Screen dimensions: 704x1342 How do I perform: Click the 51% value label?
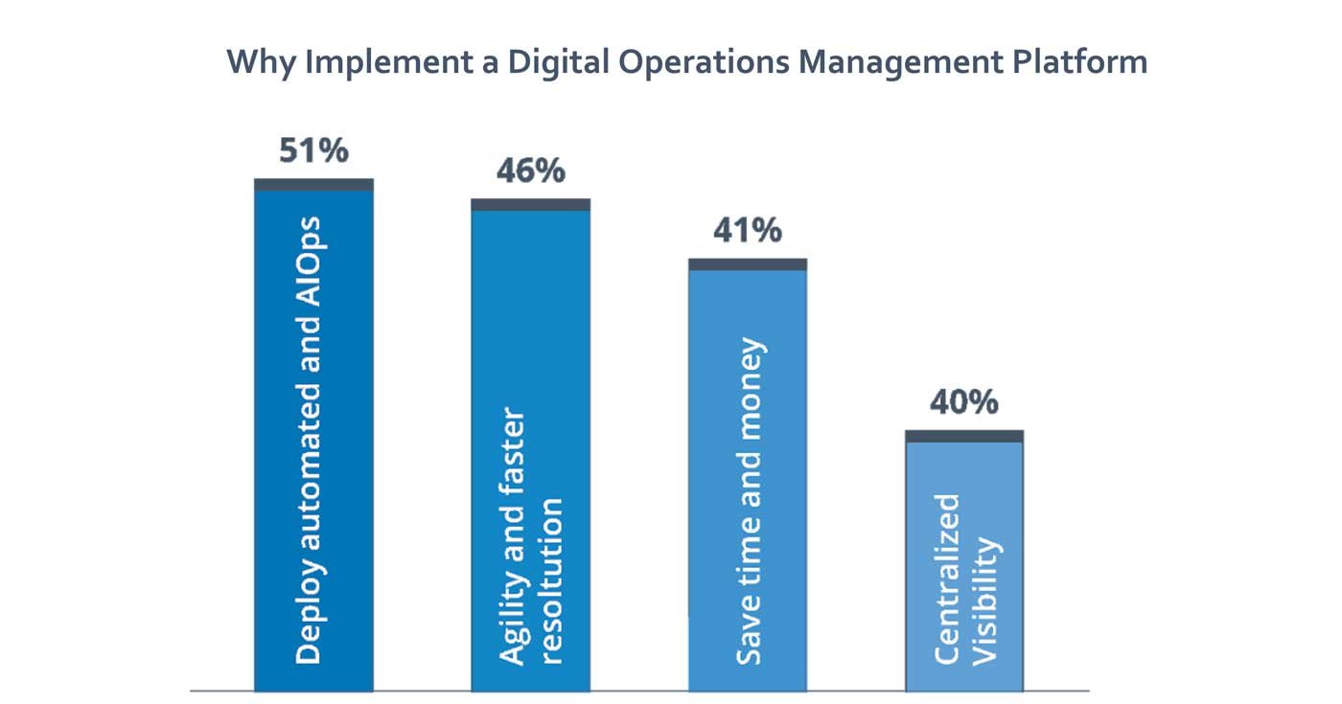[313, 151]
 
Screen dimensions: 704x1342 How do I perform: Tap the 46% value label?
[530, 171]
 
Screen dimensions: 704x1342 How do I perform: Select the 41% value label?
[747, 231]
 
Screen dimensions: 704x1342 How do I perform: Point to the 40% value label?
[963, 402]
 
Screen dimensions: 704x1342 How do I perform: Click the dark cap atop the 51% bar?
[313, 184]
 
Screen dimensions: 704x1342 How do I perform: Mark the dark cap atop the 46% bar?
[530, 204]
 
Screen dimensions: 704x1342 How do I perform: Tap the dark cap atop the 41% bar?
[748, 264]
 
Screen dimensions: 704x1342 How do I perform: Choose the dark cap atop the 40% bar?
[964, 436]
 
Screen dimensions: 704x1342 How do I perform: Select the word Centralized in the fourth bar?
[947, 579]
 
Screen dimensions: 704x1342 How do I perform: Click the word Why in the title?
[262, 63]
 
